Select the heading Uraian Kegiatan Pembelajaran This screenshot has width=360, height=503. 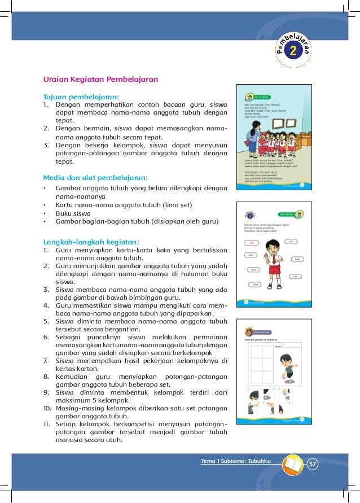pyautogui.click(x=101, y=80)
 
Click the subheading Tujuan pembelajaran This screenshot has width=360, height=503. pyautogui.click(x=81, y=96)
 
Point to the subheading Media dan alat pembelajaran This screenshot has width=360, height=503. pyautogui.click(x=96, y=177)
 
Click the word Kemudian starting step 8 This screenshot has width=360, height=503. pyautogui.click(x=73, y=376)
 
